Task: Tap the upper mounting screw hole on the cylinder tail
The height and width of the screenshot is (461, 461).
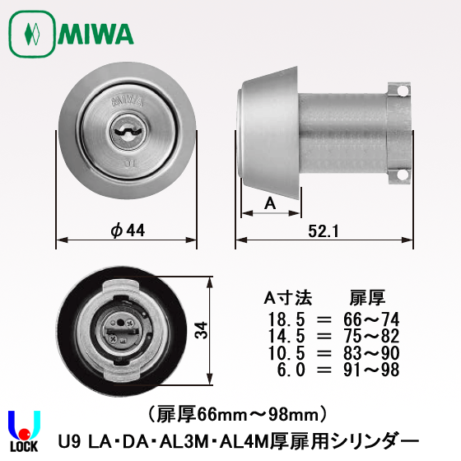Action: [x=403, y=91]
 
